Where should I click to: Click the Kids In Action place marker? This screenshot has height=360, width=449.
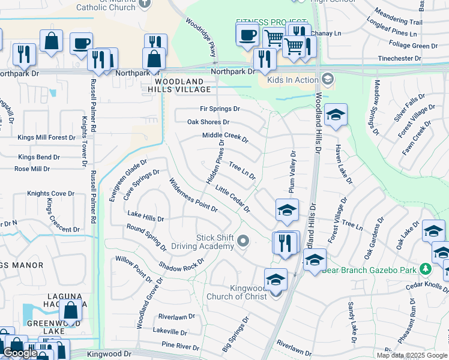click(328, 79)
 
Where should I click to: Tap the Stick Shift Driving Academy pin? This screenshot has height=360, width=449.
click(243, 241)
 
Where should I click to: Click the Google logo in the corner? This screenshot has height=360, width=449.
click(20, 353)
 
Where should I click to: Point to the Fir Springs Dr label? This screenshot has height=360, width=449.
click(220, 109)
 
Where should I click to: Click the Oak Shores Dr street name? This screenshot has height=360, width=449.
click(208, 122)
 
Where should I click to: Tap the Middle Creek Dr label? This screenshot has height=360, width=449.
click(225, 138)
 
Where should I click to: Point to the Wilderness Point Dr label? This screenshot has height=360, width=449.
click(193, 195)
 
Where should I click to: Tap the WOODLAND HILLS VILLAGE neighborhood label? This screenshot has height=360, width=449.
click(183, 85)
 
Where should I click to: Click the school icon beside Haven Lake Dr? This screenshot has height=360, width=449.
click(336, 115)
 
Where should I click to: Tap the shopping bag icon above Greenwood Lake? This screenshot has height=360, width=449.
click(71, 311)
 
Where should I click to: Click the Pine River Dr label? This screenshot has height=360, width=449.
click(180, 346)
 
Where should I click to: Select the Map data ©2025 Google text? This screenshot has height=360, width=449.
click(411, 355)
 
